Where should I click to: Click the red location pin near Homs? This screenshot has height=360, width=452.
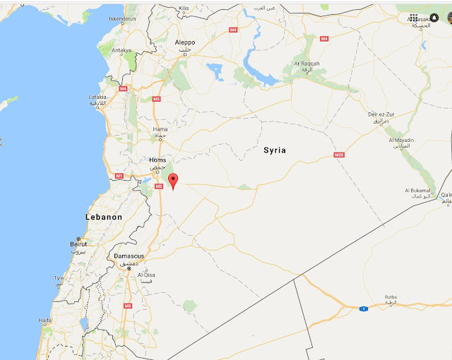[173, 182]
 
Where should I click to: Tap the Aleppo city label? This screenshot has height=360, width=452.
[185, 42]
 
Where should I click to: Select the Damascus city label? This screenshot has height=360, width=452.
[129, 256]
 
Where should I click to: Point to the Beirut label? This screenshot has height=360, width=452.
[78, 244]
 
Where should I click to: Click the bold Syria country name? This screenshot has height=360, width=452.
[275, 150]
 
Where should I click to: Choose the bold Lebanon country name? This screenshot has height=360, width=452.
[104, 217]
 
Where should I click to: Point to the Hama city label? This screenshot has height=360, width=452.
[161, 130]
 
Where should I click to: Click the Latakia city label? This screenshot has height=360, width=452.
[97, 97]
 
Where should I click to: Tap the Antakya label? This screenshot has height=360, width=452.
[122, 50]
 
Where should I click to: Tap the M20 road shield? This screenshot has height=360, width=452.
[340, 155]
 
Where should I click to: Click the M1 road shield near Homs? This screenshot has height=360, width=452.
[119, 175]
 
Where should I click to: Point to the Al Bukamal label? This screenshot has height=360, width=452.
[418, 191]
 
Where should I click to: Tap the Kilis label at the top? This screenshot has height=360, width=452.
[184, 8]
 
